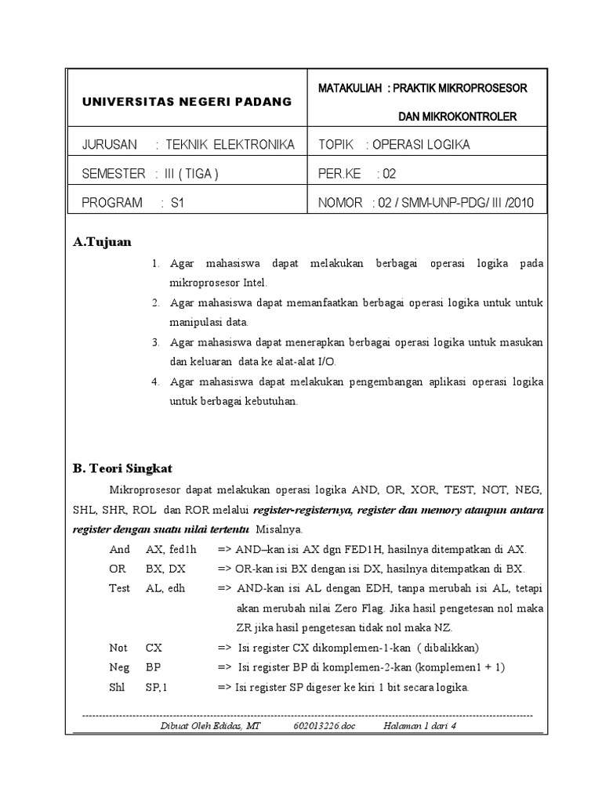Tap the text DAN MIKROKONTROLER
click(x=457, y=117)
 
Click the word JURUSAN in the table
click(x=109, y=145)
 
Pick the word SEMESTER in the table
click(x=113, y=174)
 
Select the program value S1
click(x=176, y=203)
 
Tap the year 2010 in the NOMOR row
click(x=518, y=203)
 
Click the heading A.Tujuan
click(x=103, y=241)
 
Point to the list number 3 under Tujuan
click(x=156, y=342)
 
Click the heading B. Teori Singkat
click(x=122, y=468)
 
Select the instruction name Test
click(x=119, y=588)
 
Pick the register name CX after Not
click(x=154, y=648)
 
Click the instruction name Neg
click(x=119, y=668)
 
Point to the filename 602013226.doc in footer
click(x=325, y=726)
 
